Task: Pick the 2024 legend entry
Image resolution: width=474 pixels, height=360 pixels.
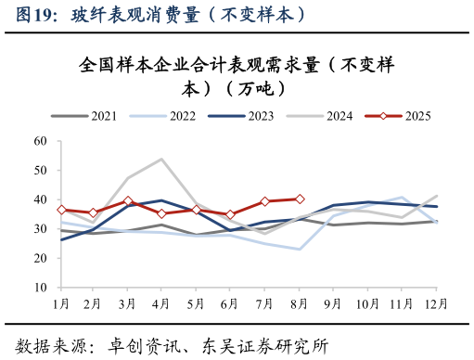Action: [320, 116]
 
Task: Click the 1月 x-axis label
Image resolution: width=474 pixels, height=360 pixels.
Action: [61, 303]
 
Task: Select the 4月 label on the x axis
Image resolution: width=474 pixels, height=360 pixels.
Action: [161, 303]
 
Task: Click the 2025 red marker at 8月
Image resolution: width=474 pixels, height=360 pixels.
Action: [300, 199]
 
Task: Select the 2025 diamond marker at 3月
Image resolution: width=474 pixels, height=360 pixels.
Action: [128, 201]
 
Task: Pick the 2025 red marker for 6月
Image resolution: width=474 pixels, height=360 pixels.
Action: [231, 214]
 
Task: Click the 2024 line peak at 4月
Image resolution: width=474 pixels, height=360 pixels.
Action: [162, 160]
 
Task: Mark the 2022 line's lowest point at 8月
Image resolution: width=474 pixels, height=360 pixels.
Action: [300, 249]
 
